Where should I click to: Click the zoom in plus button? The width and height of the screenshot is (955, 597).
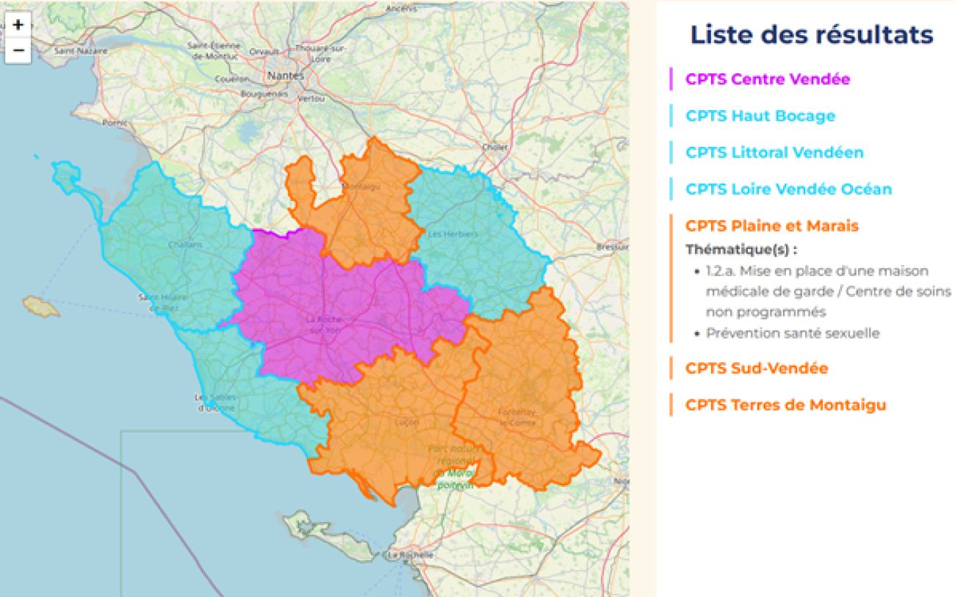pos(18,25)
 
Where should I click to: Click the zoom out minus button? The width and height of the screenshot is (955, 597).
pos(18,51)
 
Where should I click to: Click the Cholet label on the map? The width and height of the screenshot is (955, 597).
pos(494,147)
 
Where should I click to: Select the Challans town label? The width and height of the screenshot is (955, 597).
pos(181,245)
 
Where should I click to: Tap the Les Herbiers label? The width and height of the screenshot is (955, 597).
pos(453,234)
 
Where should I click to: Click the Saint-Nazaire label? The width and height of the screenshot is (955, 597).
pos(81,51)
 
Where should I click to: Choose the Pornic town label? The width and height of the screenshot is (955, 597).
pos(115,123)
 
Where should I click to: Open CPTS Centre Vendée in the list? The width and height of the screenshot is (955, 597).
pos(768,79)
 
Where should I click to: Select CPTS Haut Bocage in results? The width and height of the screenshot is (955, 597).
pos(760,116)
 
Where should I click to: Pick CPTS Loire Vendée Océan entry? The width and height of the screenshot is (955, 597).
pos(788,189)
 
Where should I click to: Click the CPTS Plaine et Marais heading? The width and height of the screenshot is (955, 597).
pos(771,226)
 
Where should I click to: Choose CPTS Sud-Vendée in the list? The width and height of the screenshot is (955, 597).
pos(757,369)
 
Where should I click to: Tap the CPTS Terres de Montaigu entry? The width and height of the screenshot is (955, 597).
pos(785,405)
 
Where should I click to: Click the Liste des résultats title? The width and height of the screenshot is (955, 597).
pos(812,35)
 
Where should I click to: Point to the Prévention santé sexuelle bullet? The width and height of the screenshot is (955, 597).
pos(793,333)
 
